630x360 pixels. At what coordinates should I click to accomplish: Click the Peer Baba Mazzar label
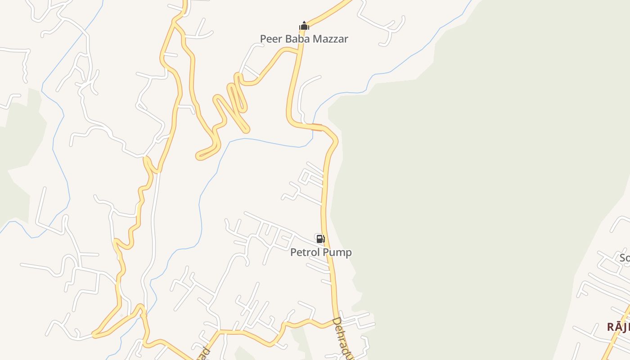point(304,39)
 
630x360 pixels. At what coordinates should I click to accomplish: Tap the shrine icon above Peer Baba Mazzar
point(304,26)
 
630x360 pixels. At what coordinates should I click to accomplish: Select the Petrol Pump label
point(321,252)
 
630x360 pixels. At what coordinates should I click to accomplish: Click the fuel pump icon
point(320,239)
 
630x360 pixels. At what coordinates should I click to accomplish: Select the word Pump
point(338,252)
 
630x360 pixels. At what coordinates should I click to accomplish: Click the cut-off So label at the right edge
point(625,258)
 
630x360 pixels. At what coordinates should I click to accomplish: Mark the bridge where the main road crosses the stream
point(317,127)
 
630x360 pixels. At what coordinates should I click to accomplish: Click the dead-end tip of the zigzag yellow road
point(198,157)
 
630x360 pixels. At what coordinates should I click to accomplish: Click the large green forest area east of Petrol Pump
point(472,189)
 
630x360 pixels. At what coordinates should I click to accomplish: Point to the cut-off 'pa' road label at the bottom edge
point(204,353)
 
